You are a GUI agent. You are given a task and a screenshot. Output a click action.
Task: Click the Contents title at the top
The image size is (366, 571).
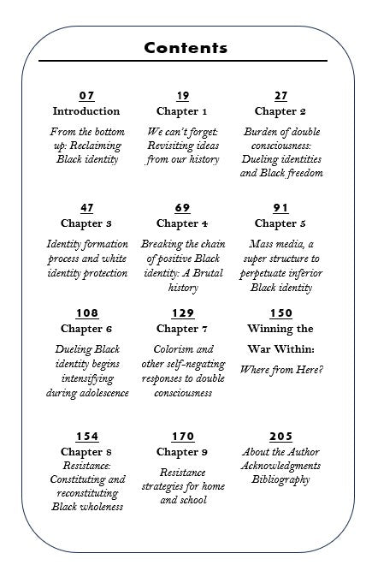coord(186,48)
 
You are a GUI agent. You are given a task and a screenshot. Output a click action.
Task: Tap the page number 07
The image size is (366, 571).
coord(86,96)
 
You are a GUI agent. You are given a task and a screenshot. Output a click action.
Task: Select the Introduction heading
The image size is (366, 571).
coord(86,111)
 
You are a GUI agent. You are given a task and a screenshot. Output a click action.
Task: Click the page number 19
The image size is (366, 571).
coord(182,96)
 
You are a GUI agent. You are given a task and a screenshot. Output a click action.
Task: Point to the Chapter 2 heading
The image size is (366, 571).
coord(280,111)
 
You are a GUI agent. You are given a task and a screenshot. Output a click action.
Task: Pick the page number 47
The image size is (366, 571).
coord(86,208)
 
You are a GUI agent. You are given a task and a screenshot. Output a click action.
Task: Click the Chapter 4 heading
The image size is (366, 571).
coord(182,223)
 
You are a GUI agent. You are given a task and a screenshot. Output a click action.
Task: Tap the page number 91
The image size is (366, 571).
coord(280,208)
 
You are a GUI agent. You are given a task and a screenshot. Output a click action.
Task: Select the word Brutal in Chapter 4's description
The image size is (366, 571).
coord(206,273)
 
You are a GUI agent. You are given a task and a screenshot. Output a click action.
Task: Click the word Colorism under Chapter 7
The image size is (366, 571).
coord(182,349)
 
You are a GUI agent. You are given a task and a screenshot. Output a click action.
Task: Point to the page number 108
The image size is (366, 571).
coord(86,313)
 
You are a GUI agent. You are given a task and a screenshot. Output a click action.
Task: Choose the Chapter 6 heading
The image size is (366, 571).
coord(86,329)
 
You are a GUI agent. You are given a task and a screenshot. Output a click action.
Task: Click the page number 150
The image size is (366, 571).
coord(280,313)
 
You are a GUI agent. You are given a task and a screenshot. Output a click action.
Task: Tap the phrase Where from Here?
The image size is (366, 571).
coord(280,370)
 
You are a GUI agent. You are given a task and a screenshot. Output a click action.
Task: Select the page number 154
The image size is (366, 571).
coord(86,437)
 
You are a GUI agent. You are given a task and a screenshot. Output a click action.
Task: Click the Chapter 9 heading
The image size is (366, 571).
coord(182,452)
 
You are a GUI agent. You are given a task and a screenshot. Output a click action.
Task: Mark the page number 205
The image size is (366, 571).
coord(280,437)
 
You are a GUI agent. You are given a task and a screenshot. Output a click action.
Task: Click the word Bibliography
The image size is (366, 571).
coord(280,479)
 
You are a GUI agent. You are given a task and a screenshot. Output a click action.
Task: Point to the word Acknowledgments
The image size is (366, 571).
coord(280,466)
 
